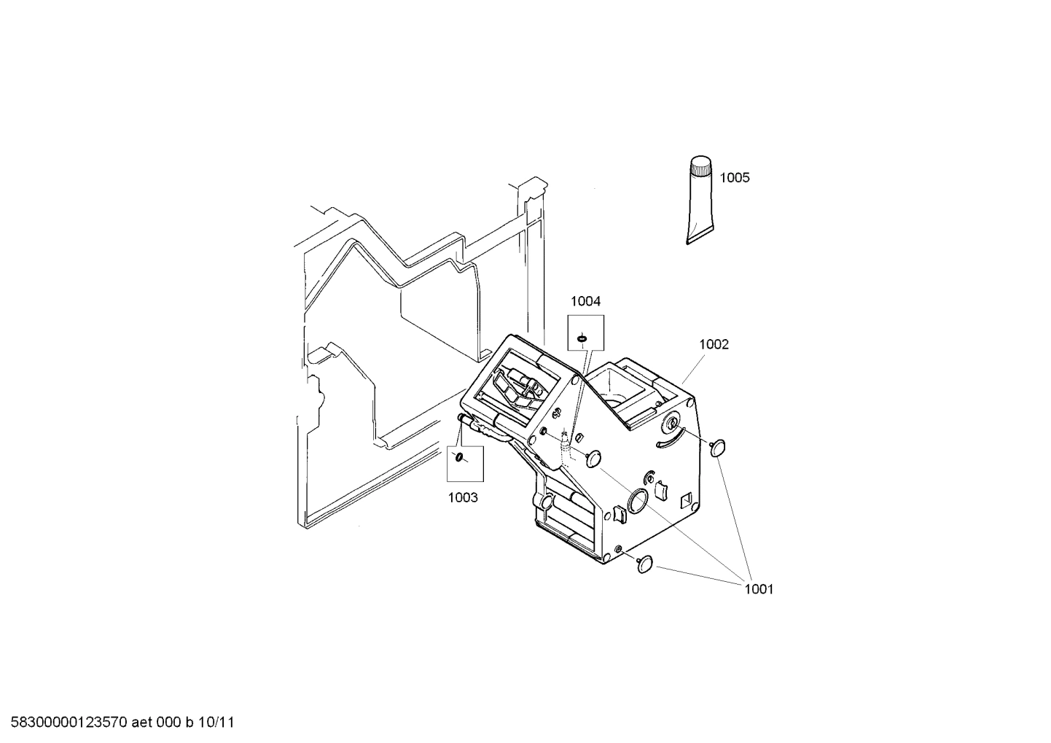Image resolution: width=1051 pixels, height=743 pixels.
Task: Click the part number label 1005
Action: pos(734,178)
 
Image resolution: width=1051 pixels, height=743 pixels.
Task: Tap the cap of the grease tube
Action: pos(701,167)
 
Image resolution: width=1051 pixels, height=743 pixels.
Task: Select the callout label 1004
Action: pos(585,301)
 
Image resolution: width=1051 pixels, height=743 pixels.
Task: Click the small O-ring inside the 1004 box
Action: pos(582,338)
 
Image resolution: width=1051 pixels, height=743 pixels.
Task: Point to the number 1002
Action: pos(714,344)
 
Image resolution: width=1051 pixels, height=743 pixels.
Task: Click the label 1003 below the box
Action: pos(463,497)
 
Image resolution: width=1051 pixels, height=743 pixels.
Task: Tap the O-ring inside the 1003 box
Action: pos(459,457)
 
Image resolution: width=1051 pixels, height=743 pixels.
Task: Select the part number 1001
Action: pos(758,589)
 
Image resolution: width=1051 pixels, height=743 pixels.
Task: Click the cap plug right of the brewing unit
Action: pos(719,446)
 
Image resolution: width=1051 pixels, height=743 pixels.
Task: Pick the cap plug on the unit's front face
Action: pos(594,458)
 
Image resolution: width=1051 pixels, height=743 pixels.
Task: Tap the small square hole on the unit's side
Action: pos(687,500)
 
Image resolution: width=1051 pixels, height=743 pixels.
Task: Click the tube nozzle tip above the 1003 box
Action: pos(461,418)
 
